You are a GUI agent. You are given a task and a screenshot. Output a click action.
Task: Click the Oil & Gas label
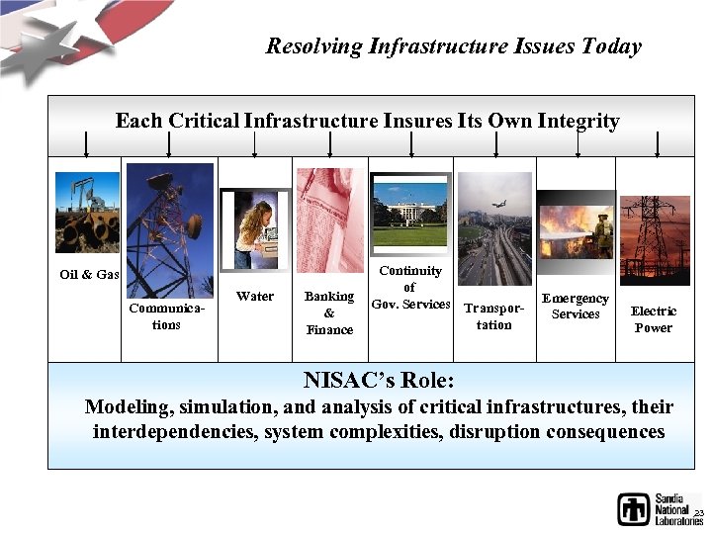[x=89, y=274]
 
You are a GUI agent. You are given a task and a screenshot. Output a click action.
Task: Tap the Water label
[x=255, y=296]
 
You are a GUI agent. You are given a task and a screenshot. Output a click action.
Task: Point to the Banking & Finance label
[x=329, y=312]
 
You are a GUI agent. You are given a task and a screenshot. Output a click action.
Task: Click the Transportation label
[x=494, y=316]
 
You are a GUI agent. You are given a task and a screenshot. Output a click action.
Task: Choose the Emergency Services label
[x=576, y=306]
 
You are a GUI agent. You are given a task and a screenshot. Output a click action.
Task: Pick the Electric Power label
[x=654, y=319]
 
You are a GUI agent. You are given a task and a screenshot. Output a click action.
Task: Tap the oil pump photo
[x=87, y=213]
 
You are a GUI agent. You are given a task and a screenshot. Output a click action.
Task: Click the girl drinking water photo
[x=255, y=229]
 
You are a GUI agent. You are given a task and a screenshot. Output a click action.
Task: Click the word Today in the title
[x=611, y=45]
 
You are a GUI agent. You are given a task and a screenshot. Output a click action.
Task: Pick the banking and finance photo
[x=329, y=220]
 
